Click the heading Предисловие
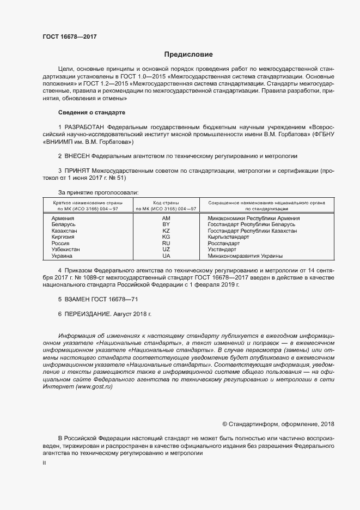coord(188,54)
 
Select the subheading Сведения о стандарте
coord(91,112)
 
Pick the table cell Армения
coord(63,218)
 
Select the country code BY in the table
coord(166,224)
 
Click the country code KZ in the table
coord(166,231)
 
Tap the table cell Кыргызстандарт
coord(228,237)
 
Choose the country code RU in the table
coord(166,244)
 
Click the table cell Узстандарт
coord(222,250)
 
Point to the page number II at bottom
coord(44,462)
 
